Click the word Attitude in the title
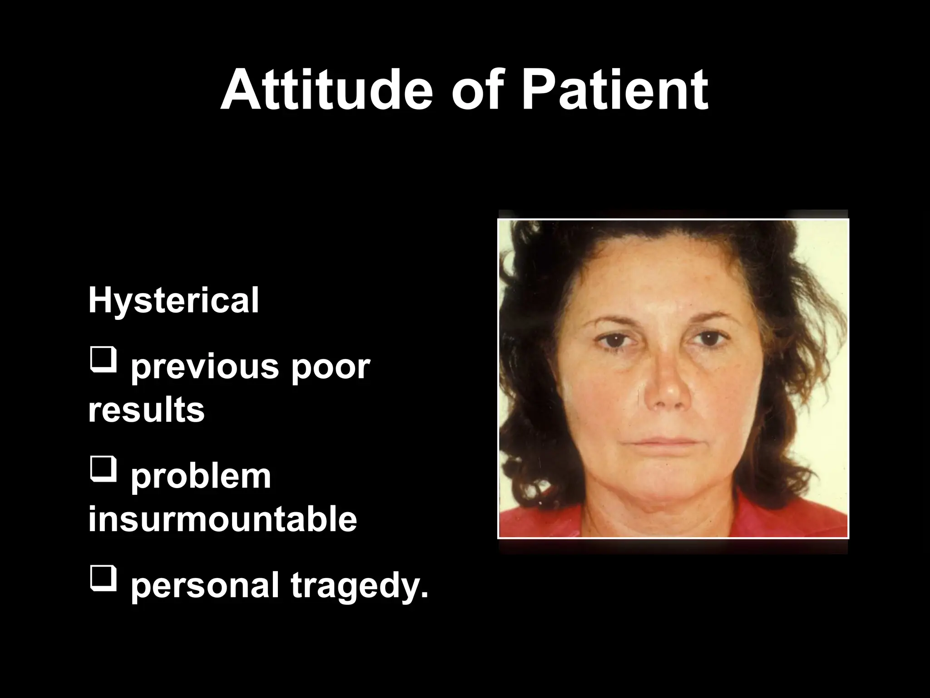point(326,90)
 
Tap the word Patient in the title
point(614,90)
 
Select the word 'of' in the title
point(482,90)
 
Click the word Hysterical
point(173,300)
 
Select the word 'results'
point(146,409)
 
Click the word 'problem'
point(201,477)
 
